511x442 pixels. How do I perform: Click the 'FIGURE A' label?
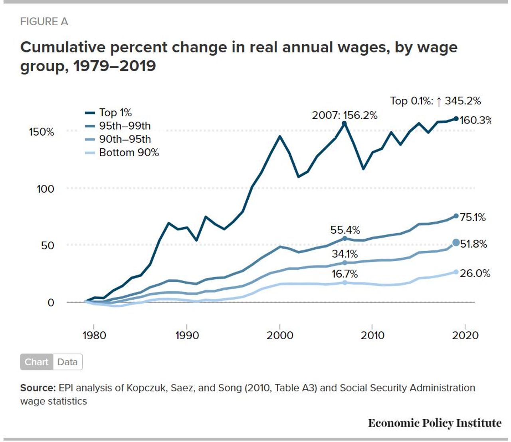pyautogui.click(x=44, y=22)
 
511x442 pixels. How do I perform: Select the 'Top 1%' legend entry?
pyautogui.click(x=108, y=112)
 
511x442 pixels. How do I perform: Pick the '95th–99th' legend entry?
pyautogui.click(x=118, y=126)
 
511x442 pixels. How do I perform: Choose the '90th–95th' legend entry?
pyautogui.click(x=118, y=139)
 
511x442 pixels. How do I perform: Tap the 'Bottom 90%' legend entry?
pyautogui.click(x=122, y=153)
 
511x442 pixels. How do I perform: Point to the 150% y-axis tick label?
pyautogui.click(x=42, y=132)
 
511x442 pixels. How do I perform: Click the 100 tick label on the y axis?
pyautogui.click(x=45, y=189)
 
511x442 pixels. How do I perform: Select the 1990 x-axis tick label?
pyautogui.click(x=187, y=336)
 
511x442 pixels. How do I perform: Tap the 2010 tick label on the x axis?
pyautogui.click(x=372, y=336)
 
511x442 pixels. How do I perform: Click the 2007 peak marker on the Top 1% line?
pyautogui.click(x=344, y=123)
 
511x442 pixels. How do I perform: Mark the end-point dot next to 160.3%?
pyautogui.click(x=456, y=119)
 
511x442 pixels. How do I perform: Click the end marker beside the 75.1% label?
pyautogui.click(x=456, y=216)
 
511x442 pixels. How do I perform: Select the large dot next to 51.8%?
pyautogui.click(x=456, y=243)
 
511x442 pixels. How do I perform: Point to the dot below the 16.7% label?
pyautogui.click(x=345, y=283)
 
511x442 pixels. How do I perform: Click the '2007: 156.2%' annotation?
pyautogui.click(x=345, y=116)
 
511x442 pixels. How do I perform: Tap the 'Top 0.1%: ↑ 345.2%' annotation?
pyautogui.click(x=436, y=101)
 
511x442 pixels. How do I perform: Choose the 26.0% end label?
pyautogui.click(x=475, y=274)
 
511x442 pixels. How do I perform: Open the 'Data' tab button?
pyautogui.click(x=67, y=362)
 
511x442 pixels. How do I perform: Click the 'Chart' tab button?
pyautogui.click(x=37, y=362)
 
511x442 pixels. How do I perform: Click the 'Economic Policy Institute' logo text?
pyautogui.click(x=435, y=423)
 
